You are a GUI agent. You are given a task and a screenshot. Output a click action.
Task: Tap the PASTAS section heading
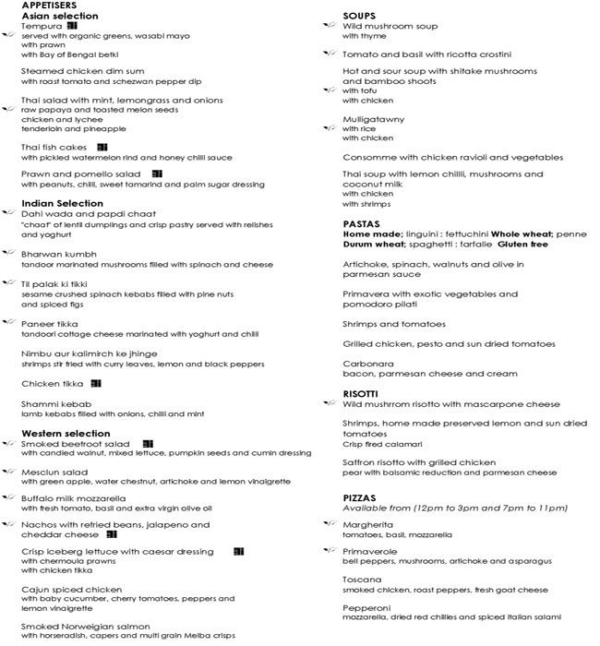(x=362, y=224)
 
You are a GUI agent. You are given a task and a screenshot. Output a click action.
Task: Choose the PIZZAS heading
(x=363, y=498)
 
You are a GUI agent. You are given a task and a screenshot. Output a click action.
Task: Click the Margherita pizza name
(x=370, y=524)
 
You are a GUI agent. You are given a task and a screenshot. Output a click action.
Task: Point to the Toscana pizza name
(x=364, y=580)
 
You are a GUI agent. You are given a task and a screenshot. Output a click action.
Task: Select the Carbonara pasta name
(x=369, y=364)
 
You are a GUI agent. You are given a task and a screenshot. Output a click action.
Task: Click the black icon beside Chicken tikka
(x=96, y=383)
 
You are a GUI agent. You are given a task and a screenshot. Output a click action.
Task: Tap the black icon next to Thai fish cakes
(x=102, y=147)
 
